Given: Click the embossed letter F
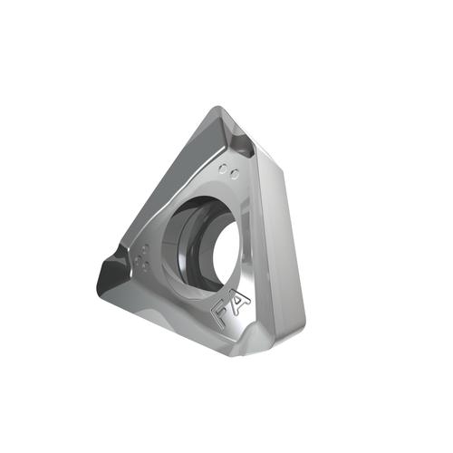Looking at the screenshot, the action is click(x=221, y=314).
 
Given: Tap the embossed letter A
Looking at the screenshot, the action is click(x=240, y=303).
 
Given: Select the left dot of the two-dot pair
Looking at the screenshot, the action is click(x=223, y=169).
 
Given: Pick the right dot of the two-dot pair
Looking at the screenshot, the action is click(x=235, y=174).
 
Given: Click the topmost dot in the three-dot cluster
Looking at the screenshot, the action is click(x=146, y=249).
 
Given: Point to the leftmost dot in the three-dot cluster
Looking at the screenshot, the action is click(x=140, y=260).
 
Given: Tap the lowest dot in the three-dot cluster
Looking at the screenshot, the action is click(x=147, y=266).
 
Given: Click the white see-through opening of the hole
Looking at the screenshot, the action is click(x=227, y=253).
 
